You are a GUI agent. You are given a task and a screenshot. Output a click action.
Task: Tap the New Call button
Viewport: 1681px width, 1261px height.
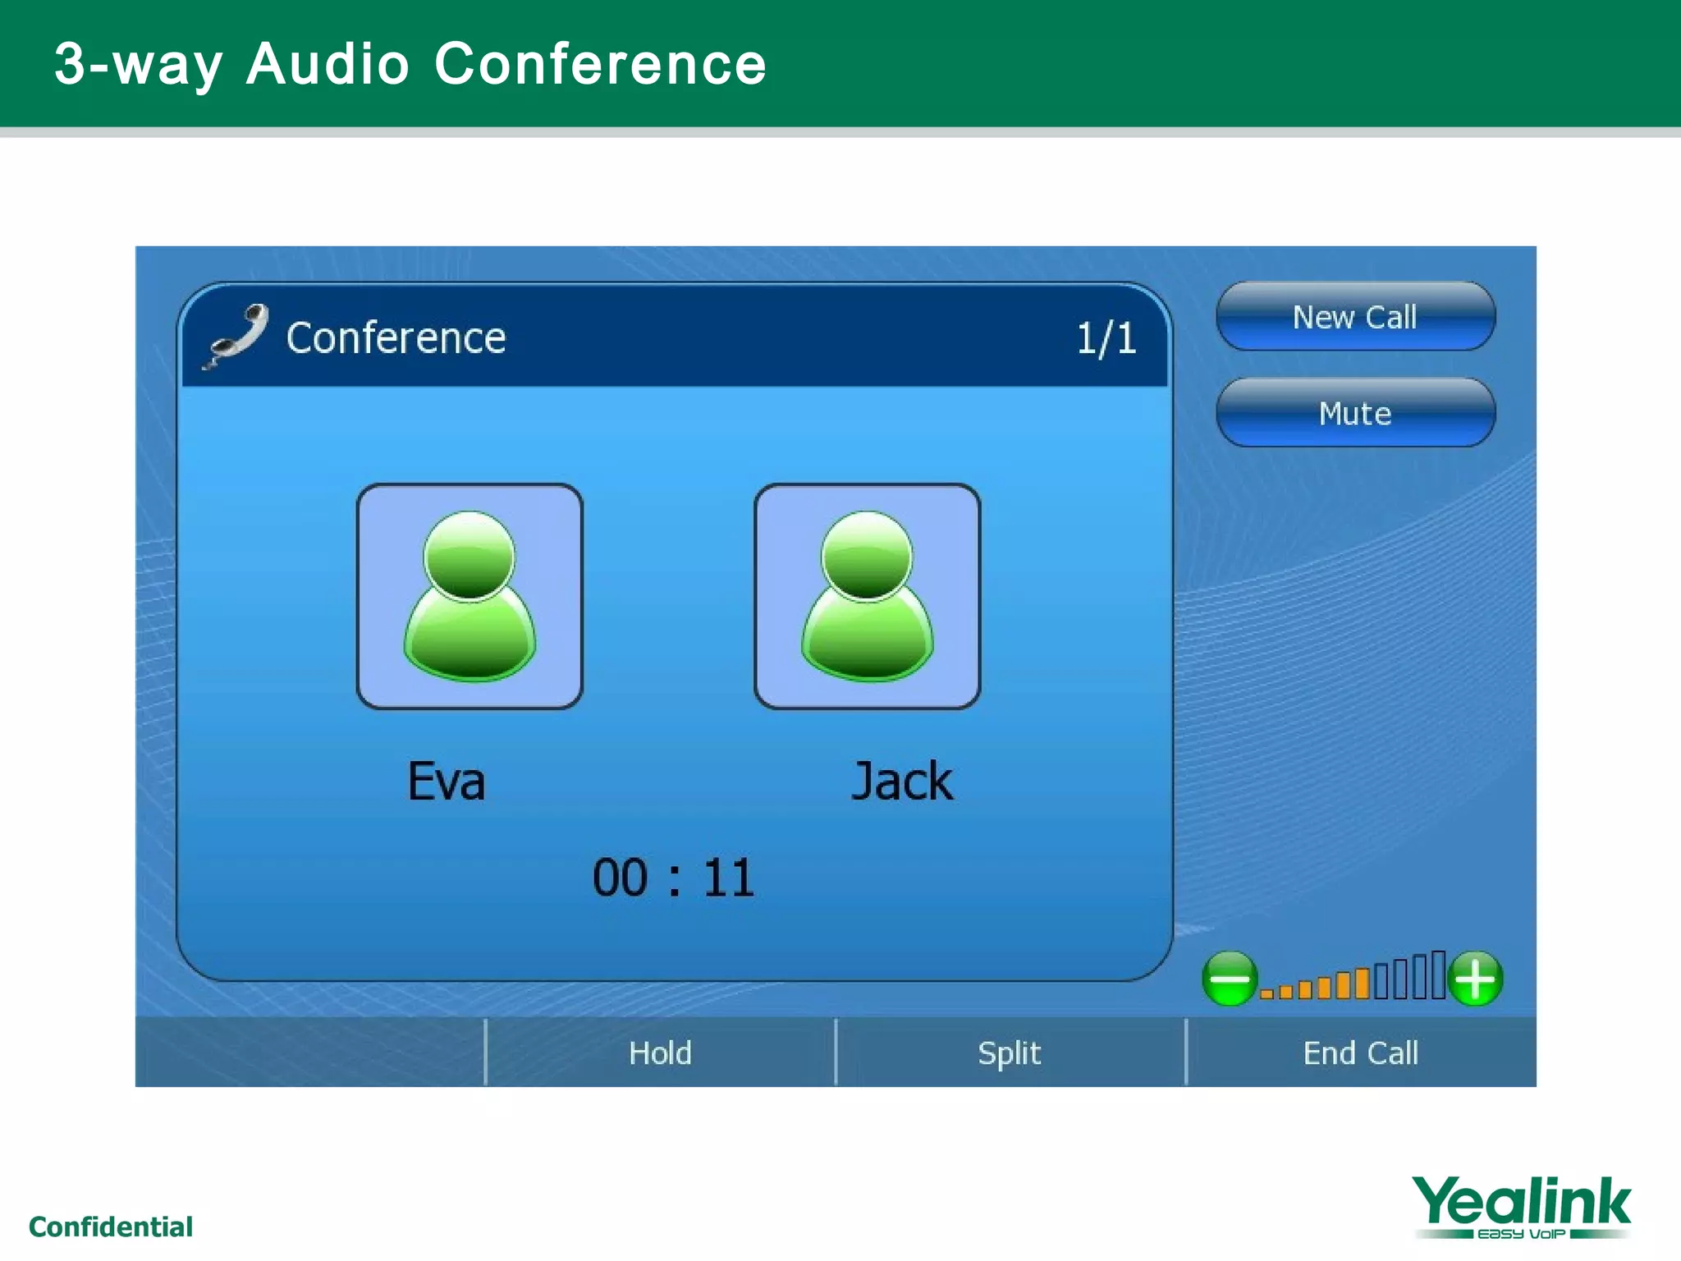click(1355, 317)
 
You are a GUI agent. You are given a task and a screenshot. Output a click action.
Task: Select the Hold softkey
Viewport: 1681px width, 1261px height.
click(660, 1052)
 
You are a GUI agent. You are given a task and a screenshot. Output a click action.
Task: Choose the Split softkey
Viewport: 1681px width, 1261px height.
click(1010, 1052)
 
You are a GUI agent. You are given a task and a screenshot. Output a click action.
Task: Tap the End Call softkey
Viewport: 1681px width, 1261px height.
click(1360, 1052)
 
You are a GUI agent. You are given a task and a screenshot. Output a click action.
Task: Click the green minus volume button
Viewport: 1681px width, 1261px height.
click(1229, 979)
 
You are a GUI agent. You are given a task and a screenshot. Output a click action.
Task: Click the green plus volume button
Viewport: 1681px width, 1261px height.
click(1476, 979)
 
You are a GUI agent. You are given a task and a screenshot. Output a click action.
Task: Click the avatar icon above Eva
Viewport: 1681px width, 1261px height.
click(469, 596)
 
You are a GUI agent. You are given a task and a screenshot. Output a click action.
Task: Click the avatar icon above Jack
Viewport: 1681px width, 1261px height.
click(868, 596)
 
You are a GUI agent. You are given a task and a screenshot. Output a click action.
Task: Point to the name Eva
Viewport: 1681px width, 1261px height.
click(447, 781)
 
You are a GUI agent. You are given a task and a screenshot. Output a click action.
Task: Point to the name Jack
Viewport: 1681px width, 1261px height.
click(901, 781)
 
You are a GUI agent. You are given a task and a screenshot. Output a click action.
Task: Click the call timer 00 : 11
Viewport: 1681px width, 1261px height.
click(673, 878)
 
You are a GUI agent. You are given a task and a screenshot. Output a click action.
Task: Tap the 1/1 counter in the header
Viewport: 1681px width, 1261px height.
click(1106, 338)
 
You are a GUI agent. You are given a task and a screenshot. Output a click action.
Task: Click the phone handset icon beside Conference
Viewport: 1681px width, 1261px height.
click(237, 336)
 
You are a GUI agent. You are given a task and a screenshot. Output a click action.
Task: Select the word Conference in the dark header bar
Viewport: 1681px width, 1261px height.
click(396, 338)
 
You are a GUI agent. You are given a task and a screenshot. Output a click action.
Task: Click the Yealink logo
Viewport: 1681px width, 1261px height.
click(1521, 1206)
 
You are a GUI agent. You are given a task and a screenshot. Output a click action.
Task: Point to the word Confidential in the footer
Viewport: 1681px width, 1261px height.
click(111, 1227)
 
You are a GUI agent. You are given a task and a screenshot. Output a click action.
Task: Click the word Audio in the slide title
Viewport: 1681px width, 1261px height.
click(327, 64)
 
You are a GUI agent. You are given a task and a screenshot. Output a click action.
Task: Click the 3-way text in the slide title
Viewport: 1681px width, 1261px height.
click(138, 64)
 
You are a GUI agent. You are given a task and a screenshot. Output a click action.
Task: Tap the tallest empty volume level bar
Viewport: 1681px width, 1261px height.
click(1438, 975)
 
